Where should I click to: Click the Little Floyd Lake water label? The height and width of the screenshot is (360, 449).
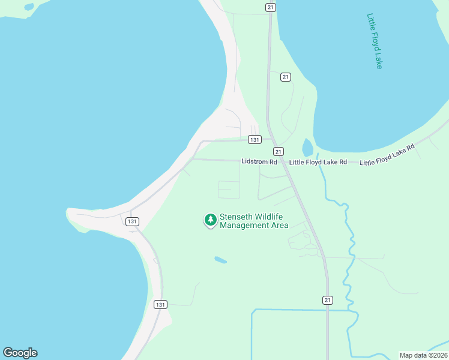point(375,41)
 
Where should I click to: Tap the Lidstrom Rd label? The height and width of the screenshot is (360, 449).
point(259,162)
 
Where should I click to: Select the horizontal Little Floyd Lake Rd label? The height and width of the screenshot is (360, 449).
point(318,162)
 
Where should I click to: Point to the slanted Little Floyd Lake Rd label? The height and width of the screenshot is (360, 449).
point(387,155)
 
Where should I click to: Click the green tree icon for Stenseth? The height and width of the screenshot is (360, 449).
point(210,220)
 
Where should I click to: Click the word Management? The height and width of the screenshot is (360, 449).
point(243,226)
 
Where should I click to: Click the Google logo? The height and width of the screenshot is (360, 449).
point(20,353)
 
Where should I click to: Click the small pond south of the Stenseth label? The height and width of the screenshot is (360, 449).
point(221,260)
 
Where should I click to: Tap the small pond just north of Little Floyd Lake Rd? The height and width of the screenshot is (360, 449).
point(307,148)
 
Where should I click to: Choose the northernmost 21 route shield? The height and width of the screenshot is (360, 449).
point(271,7)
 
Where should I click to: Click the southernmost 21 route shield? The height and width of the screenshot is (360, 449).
point(327,300)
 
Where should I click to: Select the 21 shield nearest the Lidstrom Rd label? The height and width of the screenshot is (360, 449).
point(278,151)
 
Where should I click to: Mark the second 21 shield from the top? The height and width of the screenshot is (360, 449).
point(285,77)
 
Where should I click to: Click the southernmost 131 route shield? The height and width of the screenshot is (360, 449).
point(159,304)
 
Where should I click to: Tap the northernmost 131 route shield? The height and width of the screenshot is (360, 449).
point(255,139)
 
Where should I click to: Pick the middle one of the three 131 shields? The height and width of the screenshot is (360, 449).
point(132,221)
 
